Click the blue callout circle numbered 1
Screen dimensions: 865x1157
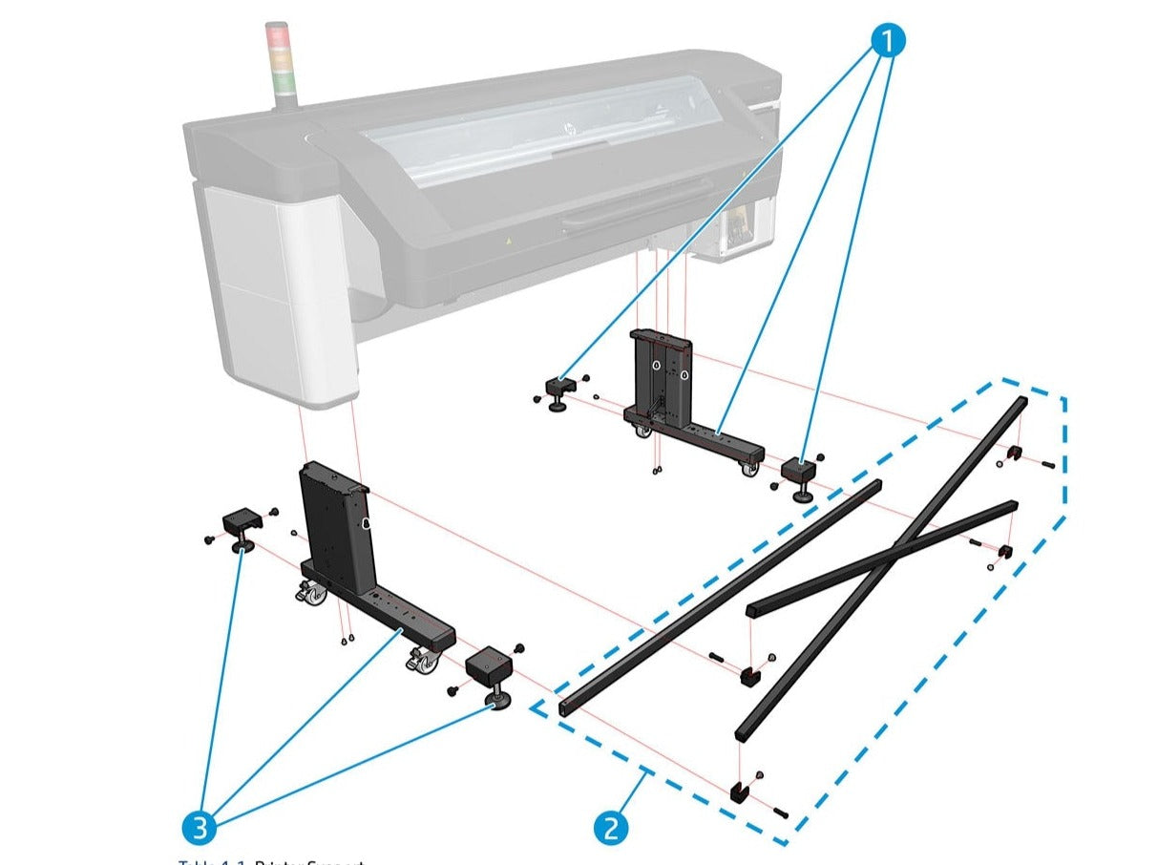click(x=887, y=41)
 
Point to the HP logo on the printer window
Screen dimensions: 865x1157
click(x=572, y=127)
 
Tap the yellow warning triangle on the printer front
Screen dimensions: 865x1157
click(x=509, y=243)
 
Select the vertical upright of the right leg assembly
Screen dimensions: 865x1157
click(x=660, y=376)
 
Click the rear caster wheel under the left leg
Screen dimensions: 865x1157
click(x=313, y=595)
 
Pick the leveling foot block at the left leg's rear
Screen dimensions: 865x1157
click(x=241, y=526)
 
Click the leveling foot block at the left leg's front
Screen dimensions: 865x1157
click(x=489, y=668)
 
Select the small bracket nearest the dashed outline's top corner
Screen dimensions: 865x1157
click(x=1016, y=451)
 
